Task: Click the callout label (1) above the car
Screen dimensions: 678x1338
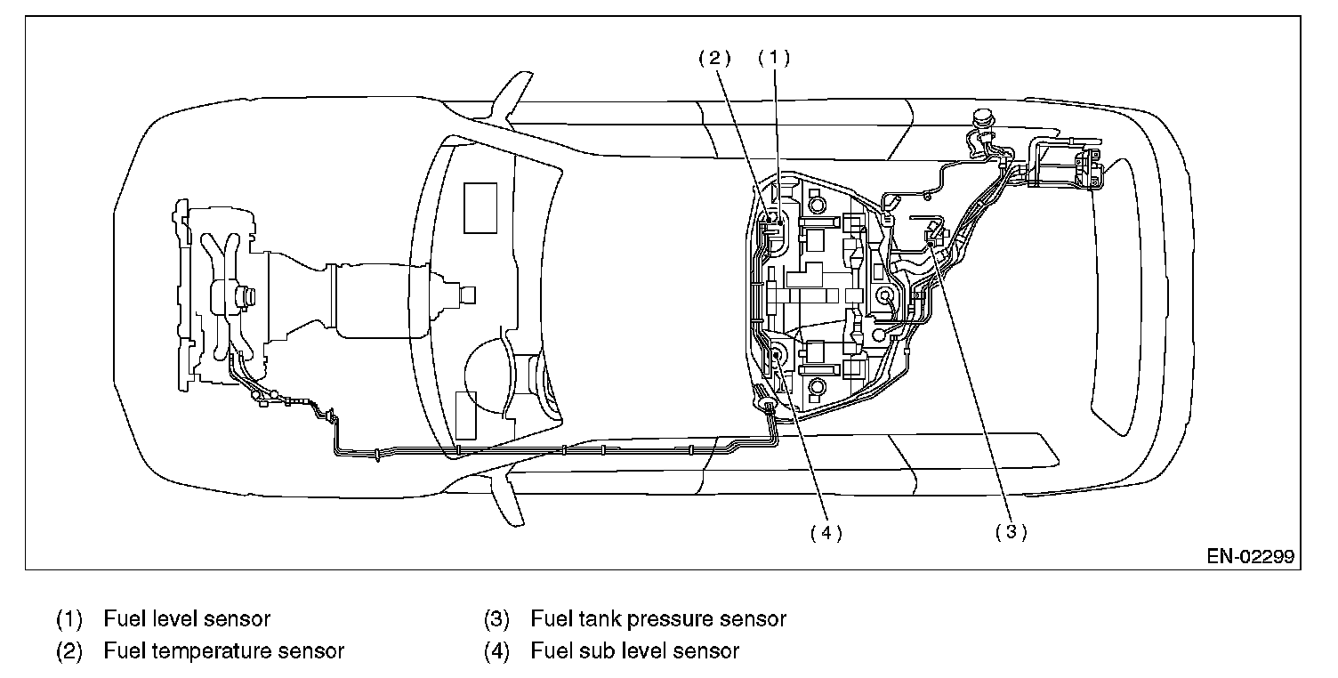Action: (773, 58)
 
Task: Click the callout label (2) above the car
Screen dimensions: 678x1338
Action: (713, 58)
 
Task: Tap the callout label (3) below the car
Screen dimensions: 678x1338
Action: (1012, 532)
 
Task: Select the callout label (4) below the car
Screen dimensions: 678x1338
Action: (826, 532)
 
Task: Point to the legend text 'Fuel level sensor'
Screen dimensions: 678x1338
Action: (187, 618)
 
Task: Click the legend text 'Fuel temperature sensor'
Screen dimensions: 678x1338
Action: (223, 651)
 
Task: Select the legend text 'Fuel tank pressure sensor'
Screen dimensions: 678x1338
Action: (658, 618)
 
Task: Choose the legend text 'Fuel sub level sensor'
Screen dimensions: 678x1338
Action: (634, 651)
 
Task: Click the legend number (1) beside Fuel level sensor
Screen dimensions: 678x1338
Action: (69, 618)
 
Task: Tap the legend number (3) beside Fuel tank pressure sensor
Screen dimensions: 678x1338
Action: (496, 618)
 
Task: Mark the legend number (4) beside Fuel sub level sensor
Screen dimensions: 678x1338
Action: (496, 651)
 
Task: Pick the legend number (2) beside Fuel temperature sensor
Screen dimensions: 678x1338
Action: (69, 651)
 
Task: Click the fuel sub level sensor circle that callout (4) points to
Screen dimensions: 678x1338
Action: (777, 355)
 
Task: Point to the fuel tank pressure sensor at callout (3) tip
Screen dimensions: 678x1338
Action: (931, 235)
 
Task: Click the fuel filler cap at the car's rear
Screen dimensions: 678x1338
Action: (984, 117)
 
